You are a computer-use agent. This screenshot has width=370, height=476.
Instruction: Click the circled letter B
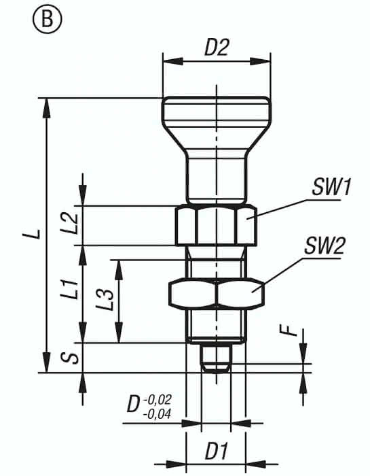point(47,18)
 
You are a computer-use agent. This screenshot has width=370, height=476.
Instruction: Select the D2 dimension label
point(217,47)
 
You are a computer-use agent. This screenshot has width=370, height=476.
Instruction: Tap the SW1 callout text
point(331,187)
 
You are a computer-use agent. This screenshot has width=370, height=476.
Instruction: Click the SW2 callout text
point(325,246)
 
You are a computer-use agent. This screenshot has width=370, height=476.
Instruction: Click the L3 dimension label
point(105,300)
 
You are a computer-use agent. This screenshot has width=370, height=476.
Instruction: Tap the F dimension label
point(291,330)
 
